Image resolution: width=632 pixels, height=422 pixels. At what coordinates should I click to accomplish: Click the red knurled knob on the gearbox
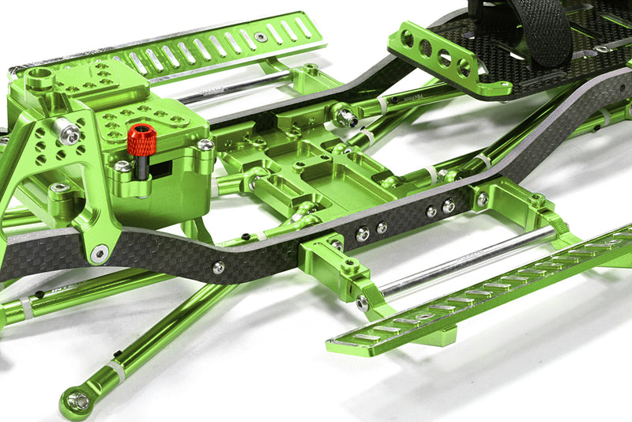click(141, 140)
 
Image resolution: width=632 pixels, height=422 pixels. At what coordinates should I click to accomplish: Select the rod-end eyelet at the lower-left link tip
click(77, 401)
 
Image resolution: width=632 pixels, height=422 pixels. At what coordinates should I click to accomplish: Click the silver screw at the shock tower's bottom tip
click(99, 254)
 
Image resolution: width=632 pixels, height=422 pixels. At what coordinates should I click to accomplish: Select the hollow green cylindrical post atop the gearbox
click(39, 78)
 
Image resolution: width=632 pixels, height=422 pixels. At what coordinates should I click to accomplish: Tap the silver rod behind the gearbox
click(229, 88)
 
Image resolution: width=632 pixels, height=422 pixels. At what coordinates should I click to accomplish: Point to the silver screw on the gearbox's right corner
click(205, 145)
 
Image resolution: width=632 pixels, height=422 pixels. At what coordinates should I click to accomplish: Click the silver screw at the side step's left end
click(362, 303)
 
